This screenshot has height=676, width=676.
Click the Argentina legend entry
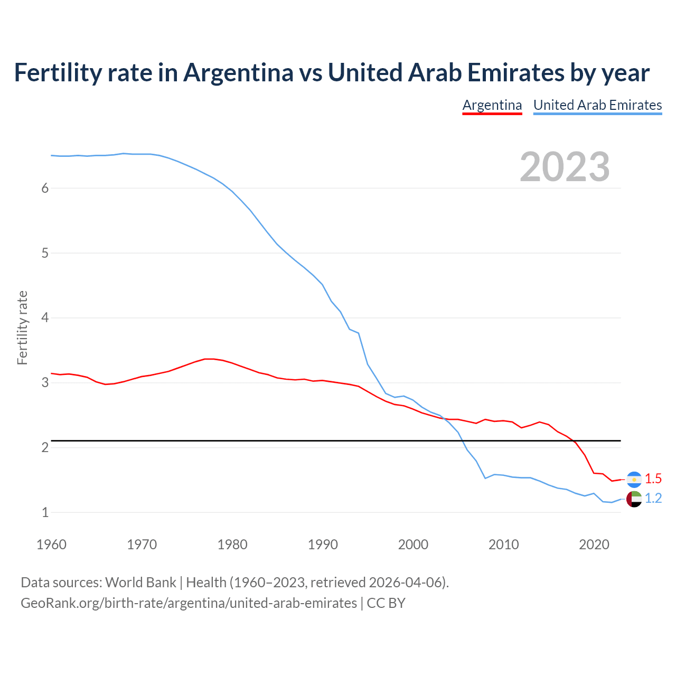click(492, 105)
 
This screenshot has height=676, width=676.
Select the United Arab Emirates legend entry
click(597, 105)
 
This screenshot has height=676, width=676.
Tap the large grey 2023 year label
click(565, 167)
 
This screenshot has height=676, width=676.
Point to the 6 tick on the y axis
click(45, 188)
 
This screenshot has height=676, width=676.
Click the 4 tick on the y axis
click(45, 318)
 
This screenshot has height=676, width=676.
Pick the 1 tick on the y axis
click(45, 512)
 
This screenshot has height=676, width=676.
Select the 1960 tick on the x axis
click(51, 544)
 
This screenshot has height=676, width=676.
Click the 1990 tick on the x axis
click(323, 544)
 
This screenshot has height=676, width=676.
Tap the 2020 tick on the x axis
click(594, 544)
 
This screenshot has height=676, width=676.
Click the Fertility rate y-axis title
click(22, 327)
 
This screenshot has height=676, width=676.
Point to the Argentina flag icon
click(634, 479)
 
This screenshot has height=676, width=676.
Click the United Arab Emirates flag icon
click(634, 499)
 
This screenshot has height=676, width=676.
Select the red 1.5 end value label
click(653, 479)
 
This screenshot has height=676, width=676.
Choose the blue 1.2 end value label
click(653, 499)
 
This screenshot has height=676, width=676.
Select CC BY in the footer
click(386, 603)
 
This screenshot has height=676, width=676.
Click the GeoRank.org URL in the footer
click(189, 603)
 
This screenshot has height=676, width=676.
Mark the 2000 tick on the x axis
click(413, 544)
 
